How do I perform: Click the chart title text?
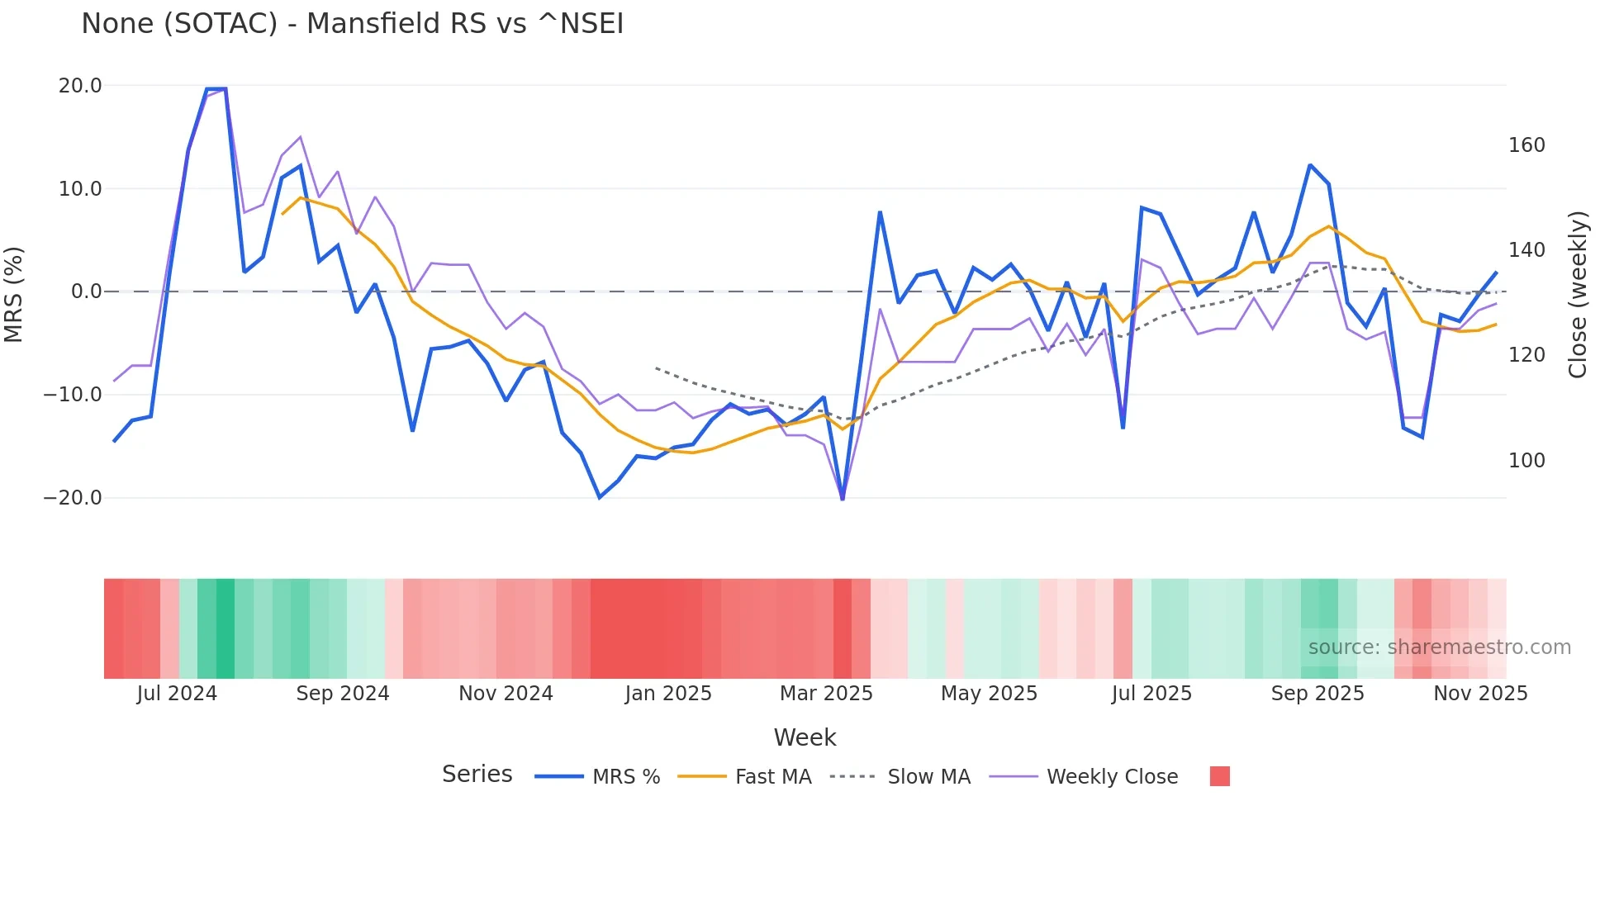352,24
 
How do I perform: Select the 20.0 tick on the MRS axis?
80,86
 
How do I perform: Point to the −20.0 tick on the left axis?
73,498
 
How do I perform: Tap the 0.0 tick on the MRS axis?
86,291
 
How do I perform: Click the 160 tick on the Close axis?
1526,145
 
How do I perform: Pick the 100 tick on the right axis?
1526,461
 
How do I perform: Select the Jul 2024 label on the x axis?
177,694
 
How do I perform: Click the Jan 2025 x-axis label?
668,694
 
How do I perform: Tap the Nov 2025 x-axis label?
1480,694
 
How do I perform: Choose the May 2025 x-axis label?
989,694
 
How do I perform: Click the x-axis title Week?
805,737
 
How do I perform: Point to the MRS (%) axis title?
14,294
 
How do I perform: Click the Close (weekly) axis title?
1578,294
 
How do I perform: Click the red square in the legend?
1219,776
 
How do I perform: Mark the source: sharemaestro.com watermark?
1439,647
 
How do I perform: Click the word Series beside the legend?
477,775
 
